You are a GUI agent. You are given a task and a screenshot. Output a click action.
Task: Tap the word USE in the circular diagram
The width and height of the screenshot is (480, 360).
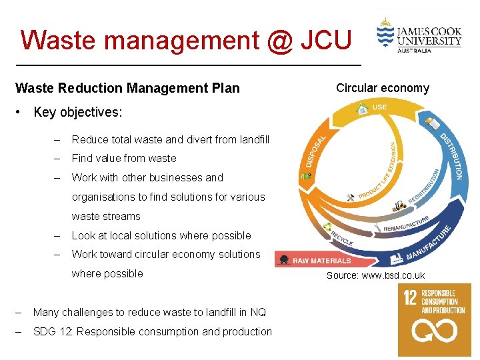[379, 107]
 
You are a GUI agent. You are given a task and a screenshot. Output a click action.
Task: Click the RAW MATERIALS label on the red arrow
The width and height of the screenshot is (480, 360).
[321, 261]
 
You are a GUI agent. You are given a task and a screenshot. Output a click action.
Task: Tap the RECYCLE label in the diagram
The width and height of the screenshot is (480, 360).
[341, 238]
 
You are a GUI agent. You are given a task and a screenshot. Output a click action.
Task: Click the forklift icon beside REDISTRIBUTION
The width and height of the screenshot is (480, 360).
[399, 205]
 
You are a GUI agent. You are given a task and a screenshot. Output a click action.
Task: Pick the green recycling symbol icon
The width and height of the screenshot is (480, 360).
[329, 227]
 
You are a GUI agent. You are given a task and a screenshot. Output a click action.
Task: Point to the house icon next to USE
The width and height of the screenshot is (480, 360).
[363, 108]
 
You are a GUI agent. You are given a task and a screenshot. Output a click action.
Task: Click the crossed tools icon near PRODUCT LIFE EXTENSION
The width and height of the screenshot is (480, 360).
[351, 197]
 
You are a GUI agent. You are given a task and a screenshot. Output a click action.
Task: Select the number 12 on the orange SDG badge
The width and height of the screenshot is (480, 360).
[411, 299]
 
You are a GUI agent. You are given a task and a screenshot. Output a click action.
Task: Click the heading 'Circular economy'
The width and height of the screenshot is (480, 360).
[383, 88]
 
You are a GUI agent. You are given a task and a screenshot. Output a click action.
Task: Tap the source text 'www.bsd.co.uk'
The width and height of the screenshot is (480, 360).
[393, 276]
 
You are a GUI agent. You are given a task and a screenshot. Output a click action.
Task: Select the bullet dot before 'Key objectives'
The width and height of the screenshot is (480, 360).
[23, 112]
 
